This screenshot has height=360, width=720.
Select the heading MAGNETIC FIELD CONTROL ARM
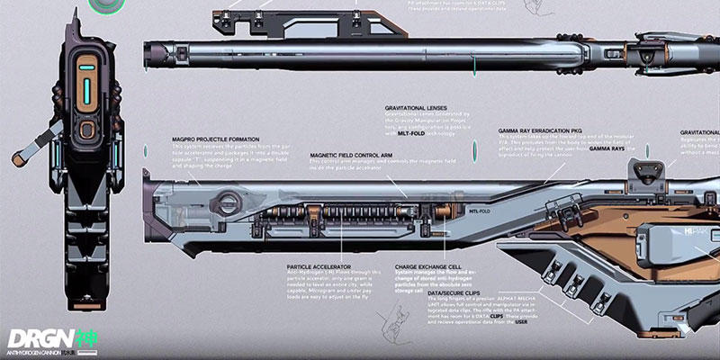click(355, 155)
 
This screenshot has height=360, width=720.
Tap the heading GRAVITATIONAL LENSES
click(417, 106)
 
